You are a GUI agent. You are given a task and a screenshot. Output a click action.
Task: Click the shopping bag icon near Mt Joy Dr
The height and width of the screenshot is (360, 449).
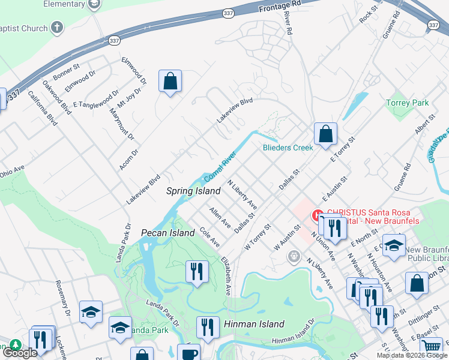click(170, 81)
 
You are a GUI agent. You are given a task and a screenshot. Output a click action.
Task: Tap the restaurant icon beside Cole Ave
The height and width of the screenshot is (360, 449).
click(197, 271)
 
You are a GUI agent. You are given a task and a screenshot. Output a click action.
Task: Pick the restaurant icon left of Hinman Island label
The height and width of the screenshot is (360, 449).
click(208, 328)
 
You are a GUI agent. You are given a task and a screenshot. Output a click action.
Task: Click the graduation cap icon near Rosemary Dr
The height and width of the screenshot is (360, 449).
click(91, 312)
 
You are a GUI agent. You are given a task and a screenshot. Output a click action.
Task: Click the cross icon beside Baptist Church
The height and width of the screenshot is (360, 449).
click(57, 28)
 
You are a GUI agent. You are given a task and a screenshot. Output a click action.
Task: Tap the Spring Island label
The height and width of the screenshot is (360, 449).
click(193, 191)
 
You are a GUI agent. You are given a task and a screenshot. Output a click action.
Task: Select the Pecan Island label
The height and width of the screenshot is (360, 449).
click(167, 232)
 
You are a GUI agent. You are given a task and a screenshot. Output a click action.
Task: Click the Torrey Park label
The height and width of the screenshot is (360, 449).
click(408, 103)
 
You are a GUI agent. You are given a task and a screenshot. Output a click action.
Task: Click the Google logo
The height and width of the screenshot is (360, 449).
click(19, 353)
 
